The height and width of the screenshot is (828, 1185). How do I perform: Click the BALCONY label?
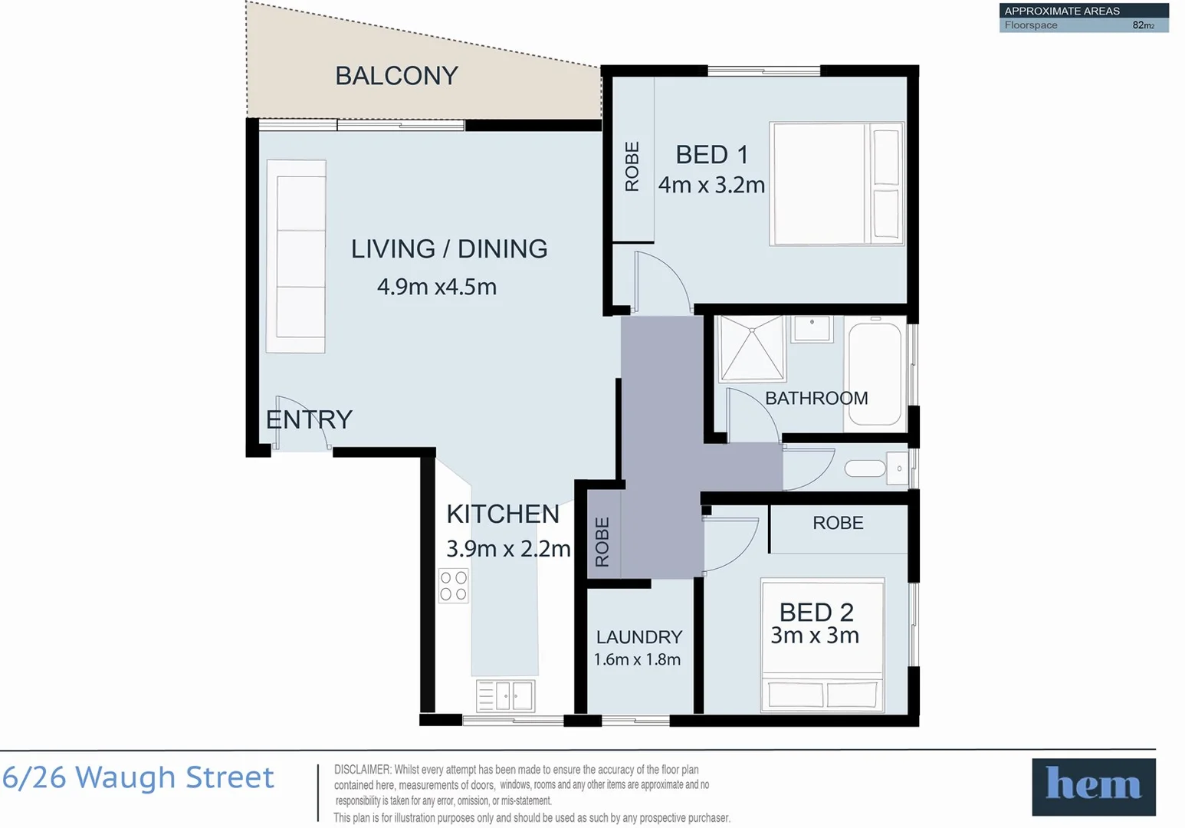pyautogui.click(x=396, y=76)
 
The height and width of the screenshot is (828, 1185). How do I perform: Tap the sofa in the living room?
pyautogui.click(x=296, y=257)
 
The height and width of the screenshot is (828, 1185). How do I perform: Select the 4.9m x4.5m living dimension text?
pyautogui.click(x=437, y=287)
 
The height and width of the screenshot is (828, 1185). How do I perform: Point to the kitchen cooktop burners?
pyautogui.click(x=453, y=586)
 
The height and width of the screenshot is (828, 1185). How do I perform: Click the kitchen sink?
pyautogui.click(x=505, y=696)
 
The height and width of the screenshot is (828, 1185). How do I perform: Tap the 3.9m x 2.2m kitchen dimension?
pyautogui.click(x=508, y=549)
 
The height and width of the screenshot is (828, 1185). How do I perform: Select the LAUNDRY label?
pyautogui.click(x=638, y=637)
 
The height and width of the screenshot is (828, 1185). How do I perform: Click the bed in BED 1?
pyautogui.click(x=836, y=184)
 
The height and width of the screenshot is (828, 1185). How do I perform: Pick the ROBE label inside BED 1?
pyautogui.click(x=632, y=166)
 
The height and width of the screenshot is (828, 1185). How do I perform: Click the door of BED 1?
pyautogui.click(x=661, y=280)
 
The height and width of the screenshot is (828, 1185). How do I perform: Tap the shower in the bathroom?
pyautogui.click(x=751, y=349)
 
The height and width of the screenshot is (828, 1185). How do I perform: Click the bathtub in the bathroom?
pyautogui.click(x=875, y=373)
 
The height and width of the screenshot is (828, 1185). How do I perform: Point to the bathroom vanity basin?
pyautogui.click(x=812, y=328)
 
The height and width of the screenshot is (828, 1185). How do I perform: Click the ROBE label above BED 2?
pyautogui.click(x=838, y=523)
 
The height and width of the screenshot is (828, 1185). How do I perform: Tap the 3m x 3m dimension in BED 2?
pyautogui.click(x=815, y=636)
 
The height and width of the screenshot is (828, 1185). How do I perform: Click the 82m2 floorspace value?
pyautogui.click(x=1143, y=25)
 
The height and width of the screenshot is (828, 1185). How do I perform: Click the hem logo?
pyautogui.click(x=1093, y=787)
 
